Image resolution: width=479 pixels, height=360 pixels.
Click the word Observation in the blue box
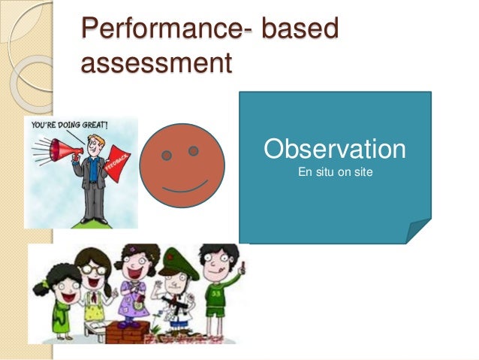click(x=334, y=149)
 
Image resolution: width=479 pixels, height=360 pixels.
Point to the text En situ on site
click(x=336, y=173)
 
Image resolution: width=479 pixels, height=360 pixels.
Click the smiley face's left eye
click(x=166, y=156)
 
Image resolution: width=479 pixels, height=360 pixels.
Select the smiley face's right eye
click(x=194, y=151)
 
